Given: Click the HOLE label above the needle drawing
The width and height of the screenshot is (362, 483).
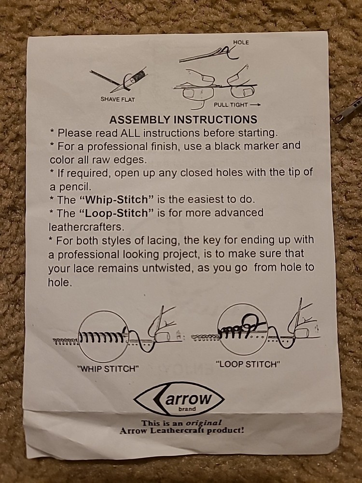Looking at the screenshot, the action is (241, 43).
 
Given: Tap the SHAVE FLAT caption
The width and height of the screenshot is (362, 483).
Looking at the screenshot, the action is (118, 99).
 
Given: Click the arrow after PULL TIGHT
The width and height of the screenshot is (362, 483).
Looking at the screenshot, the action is (255, 105).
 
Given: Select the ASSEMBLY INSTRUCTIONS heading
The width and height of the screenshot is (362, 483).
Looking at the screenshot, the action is (183, 119).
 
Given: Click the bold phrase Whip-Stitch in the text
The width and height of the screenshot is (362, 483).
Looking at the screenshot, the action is (116, 199).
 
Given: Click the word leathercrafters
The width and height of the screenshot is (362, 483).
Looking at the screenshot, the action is (86, 227).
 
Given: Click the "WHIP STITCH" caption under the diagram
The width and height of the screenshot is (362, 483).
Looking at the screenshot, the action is (108, 369).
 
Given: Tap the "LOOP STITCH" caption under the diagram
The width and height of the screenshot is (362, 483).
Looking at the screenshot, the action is (248, 364).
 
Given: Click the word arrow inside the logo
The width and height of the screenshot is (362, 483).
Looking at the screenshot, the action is (189, 398).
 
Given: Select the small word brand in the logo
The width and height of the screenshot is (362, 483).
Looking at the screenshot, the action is (187, 409).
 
